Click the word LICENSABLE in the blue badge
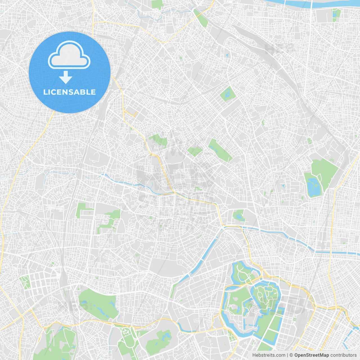69,92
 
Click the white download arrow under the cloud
66,77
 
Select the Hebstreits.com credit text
269,355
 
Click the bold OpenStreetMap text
311,355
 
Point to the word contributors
343,355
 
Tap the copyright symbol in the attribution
291,355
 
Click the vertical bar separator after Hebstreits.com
287,355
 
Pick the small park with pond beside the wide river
336,15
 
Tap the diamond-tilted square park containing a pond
228,94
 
